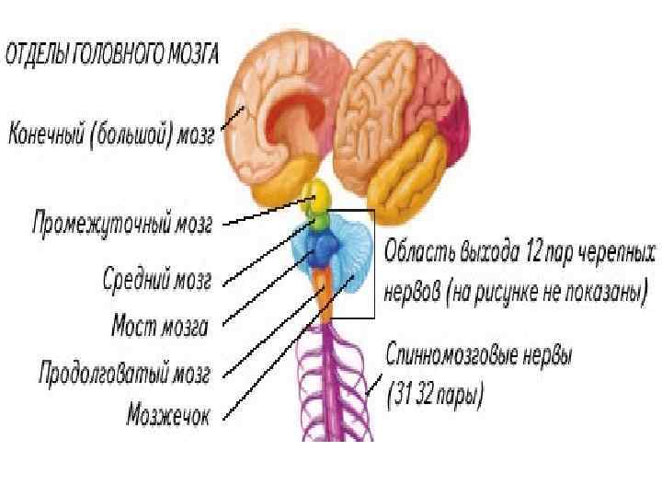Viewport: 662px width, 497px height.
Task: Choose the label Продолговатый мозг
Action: click(124, 374)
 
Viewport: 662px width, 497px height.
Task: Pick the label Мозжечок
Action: click(167, 415)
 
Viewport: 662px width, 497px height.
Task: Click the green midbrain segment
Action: click(319, 221)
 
